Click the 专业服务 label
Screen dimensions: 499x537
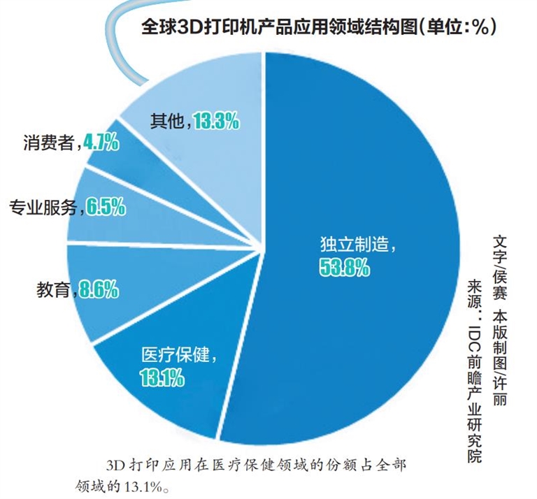click(43, 207)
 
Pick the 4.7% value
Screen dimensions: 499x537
click(101, 144)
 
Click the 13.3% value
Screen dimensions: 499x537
click(217, 121)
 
